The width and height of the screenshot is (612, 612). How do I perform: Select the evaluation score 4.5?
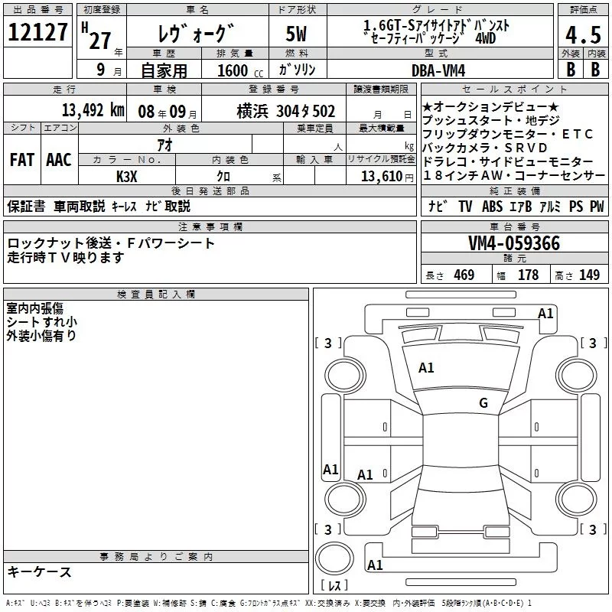[582, 35]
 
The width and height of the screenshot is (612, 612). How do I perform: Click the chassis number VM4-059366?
[514, 244]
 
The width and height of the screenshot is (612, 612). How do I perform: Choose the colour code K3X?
[126, 176]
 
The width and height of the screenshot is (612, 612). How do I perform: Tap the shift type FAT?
[21, 160]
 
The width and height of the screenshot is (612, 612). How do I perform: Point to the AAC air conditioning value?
[58, 160]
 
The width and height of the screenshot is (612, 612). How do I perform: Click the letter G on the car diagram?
[483, 403]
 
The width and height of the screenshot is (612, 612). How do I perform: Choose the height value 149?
[589, 275]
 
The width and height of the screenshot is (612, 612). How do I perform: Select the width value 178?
[528, 275]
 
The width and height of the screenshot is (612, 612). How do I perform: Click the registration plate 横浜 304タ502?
[286, 111]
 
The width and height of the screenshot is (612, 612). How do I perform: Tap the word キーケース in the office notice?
[40, 571]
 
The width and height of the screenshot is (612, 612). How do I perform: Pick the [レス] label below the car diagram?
[334, 586]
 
